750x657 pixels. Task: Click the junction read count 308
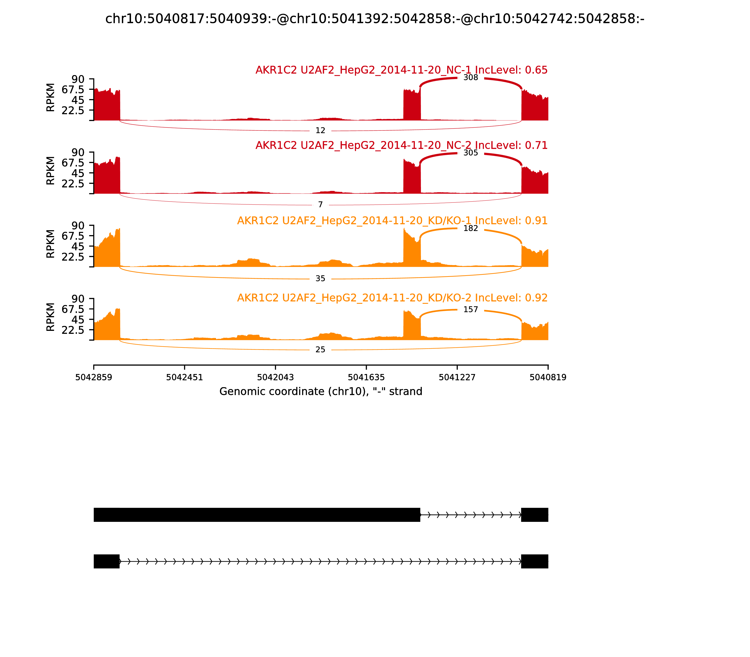click(x=471, y=78)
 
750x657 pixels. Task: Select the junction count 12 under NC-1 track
click(x=320, y=130)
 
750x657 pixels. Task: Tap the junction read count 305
click(x=471, y=153)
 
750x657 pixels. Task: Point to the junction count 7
click(x=320, y=205)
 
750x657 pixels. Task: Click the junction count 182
click(x=471, y=228)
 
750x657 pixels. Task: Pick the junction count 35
click(x=320, y=279)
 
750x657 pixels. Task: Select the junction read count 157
click(x=471, y=310)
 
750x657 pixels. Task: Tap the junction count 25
click(x=320, y=350)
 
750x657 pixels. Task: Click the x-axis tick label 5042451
click(x=185, y=378)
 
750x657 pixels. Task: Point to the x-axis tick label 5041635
click(x=366, y=378)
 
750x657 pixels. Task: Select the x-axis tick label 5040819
click(x=548, y=378)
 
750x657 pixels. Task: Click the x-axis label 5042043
click(x=275, y=378)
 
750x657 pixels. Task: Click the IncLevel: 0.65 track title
click(x=401, y=70)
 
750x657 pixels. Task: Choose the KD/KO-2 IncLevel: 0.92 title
click(x=392, y=298)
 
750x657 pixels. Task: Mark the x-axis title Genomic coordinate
click(x=321, y=392)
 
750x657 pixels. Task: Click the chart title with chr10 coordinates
click(x=375, y=19)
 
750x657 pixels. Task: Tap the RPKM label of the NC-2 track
click(x=51, y=171)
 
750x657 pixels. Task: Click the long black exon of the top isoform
click(x=257, y=515)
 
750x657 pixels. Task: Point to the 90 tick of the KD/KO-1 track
click(x=78, y=226)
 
